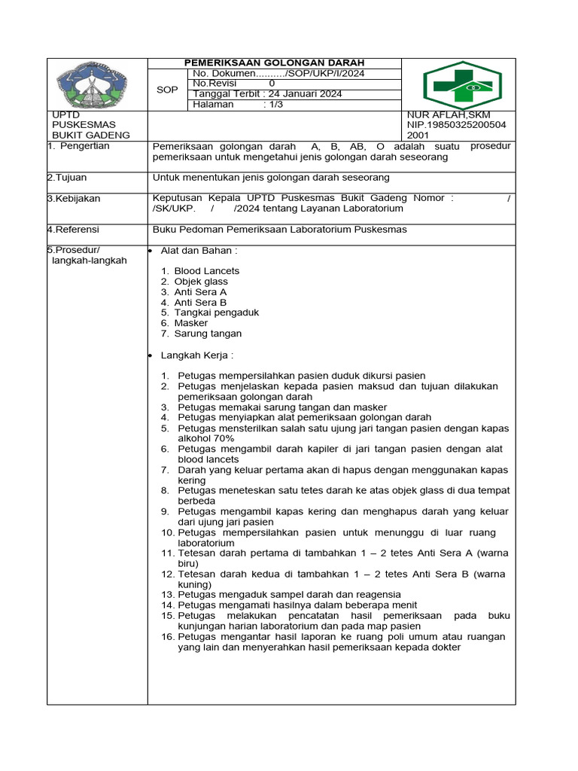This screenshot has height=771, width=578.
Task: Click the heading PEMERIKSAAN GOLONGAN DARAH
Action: click(275, 62)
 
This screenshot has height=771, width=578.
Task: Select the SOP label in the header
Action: click(167, 90)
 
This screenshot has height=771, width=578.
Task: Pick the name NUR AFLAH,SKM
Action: click(449, 115)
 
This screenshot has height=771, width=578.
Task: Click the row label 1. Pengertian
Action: click(78, 146)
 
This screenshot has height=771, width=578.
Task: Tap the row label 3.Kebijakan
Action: click(74, 199)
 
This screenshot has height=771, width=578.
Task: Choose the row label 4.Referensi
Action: click(73, 230)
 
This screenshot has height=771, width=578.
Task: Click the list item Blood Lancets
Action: click(207, 270)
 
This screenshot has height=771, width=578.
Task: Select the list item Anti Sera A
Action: click(200, 291)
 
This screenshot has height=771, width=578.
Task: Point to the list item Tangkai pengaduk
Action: click(206, 312)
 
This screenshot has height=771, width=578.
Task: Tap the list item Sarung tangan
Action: click(208, 334)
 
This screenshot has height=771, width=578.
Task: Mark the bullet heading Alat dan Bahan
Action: click(199, 250)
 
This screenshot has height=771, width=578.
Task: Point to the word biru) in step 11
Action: click(188, 563)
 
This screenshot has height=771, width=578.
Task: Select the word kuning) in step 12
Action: click(194, 584)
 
